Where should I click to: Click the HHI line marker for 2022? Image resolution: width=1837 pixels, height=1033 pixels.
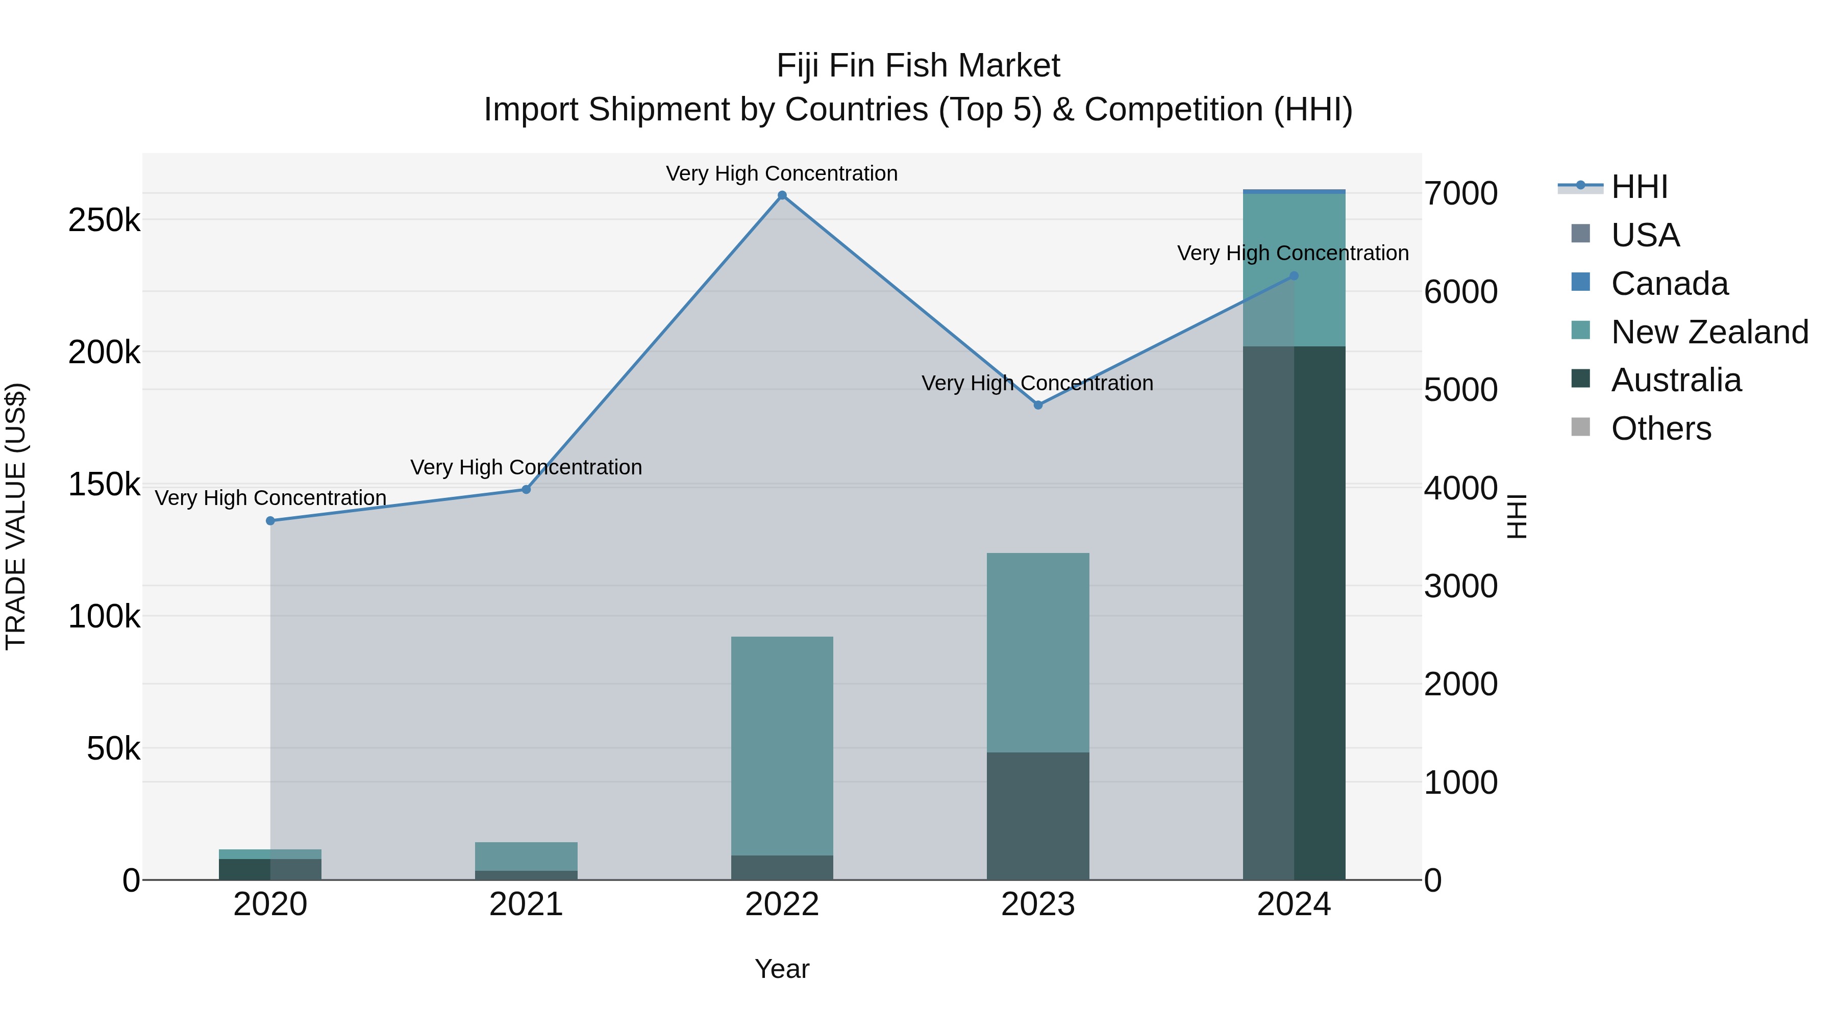pos(782,195)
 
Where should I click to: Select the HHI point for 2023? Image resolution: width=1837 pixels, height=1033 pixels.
pos(1037,405)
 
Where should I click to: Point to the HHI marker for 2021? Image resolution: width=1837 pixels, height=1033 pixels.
pos(526,490)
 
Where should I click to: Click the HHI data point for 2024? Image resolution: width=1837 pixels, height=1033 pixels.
pos(1294,276)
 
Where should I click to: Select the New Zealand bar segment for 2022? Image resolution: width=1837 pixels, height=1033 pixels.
pos(782,745)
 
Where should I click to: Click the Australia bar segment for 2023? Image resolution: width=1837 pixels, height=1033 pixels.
pos(1037,816)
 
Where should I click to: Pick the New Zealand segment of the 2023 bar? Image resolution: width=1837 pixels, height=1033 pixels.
pos(1037,652)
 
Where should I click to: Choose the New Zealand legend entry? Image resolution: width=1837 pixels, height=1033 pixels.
pos(1709,332)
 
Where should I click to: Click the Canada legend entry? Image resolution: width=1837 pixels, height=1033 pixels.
pos(1670,284)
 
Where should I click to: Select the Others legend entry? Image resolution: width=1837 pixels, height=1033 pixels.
pos(1661,429)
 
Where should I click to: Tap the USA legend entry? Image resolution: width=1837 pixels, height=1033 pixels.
pos(1645,235)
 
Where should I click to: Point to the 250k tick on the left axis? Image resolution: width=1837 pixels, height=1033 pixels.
pos(104,220)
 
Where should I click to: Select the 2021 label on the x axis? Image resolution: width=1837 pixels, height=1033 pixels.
pos(526,904)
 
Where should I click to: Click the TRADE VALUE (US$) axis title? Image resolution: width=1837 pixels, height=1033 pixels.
pos(16,516)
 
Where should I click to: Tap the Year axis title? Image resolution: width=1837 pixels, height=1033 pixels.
pos(782,969)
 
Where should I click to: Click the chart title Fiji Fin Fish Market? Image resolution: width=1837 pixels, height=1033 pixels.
pos(918,66)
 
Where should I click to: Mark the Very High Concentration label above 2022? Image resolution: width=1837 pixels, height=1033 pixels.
pos(782,173)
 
